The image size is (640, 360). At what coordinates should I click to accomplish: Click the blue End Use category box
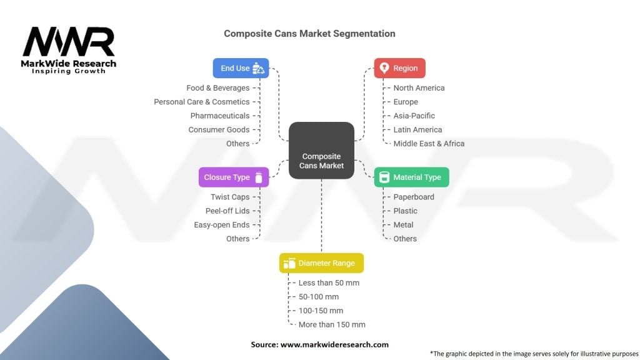click(241, 68)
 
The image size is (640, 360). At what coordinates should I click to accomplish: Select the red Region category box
click(400, 68)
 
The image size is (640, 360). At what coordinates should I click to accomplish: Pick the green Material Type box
click(411, 177)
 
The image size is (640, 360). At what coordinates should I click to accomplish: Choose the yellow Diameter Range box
click(321, 263)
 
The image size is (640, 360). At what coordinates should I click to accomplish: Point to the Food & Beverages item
click(217, 88)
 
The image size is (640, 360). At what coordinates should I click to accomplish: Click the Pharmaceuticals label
click(220, 116)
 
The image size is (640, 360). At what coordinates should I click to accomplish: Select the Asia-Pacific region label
click(414, 116)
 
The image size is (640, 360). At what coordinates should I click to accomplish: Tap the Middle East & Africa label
click(429, 143)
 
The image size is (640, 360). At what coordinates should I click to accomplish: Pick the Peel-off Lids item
click(227, 211)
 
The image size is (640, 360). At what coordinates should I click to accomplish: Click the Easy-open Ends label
click(222, 224)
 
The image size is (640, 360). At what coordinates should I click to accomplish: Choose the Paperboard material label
click(414, 197)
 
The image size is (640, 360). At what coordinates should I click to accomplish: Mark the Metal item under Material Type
click(403, 224)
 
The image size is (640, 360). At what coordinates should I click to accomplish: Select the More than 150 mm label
click(332, 324)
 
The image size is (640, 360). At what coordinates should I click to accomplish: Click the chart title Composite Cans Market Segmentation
click(309, 34)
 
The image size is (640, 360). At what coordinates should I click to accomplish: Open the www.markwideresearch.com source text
click(334, 344)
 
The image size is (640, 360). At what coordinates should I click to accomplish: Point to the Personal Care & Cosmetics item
click(202, 102)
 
